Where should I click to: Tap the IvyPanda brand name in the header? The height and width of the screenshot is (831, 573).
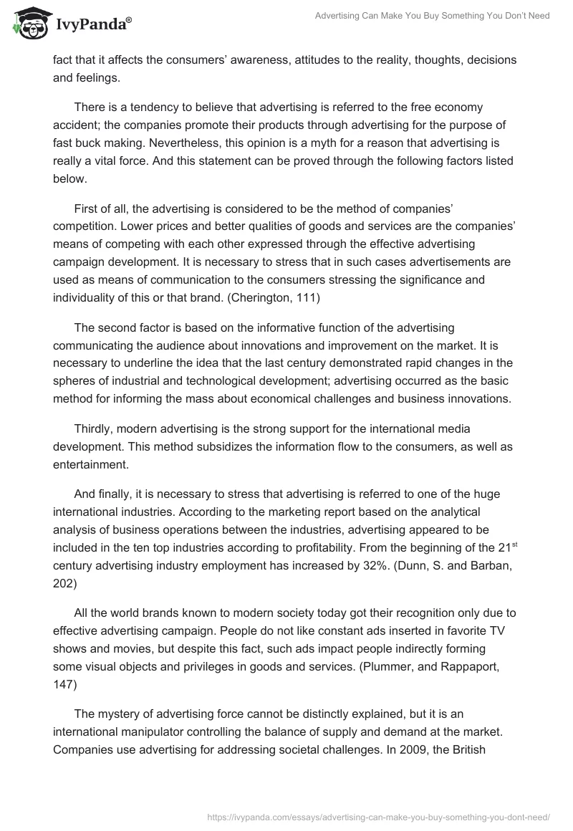[x=92, y=25]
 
